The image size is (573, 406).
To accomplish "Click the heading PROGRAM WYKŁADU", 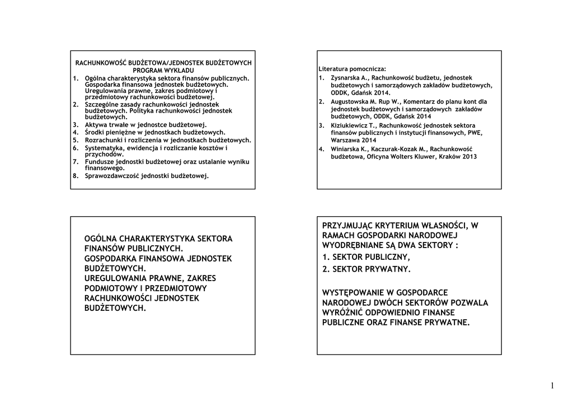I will tap(163, 71).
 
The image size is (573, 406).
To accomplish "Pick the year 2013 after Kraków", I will tap(469, 157).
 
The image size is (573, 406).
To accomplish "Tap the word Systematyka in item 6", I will tap(104, 148).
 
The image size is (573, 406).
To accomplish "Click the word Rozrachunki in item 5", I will tap(104, 140).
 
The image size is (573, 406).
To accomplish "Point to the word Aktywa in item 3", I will tap(96, 124).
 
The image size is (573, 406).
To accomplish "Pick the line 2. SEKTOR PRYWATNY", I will tap(367, 269).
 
